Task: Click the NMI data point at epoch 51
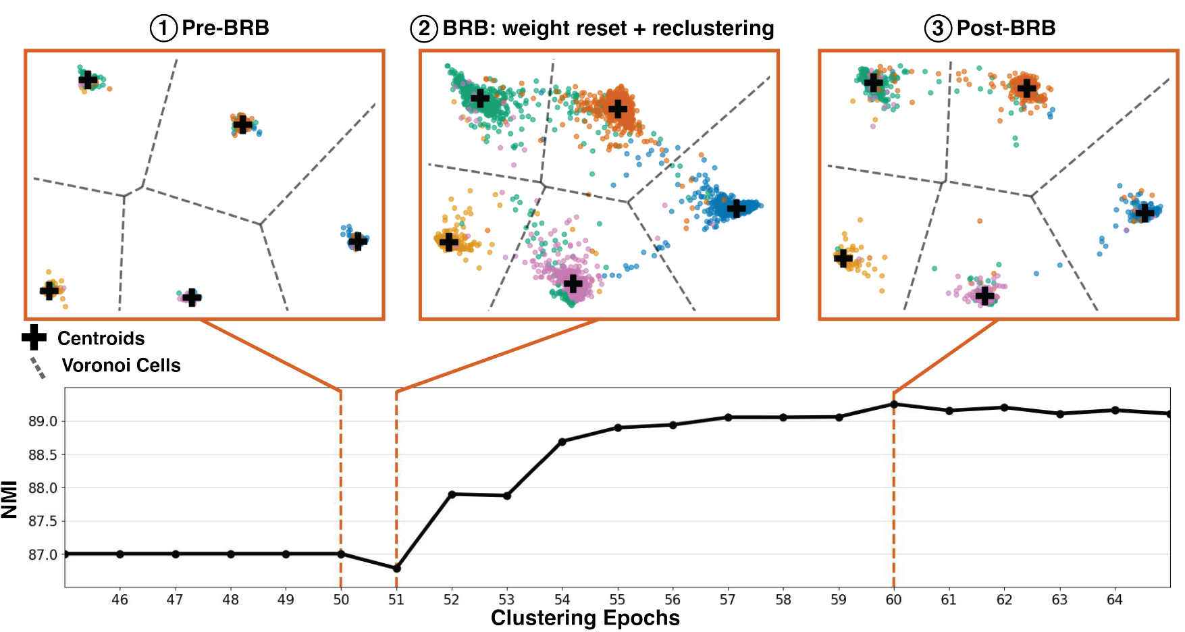(396, 569)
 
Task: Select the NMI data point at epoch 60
(894, 404)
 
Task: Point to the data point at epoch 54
(562, 442)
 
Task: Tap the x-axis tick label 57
(728, 600)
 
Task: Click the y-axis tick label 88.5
(43, 455)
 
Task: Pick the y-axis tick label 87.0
(43, 555)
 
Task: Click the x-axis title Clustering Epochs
(585, 618)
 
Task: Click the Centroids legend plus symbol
(34, 338)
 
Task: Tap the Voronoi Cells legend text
(121, 365)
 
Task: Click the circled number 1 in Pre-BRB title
(163, 28)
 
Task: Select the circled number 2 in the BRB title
(424, 28)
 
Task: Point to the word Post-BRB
(1006, 28)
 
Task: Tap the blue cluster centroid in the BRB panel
(736, 208)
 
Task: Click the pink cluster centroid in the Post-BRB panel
(985, 296)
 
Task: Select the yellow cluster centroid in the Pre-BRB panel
(49, 290)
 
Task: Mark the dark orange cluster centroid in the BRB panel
(617, 108)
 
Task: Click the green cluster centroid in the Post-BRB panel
(874, 82)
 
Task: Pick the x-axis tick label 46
(120, 600)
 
